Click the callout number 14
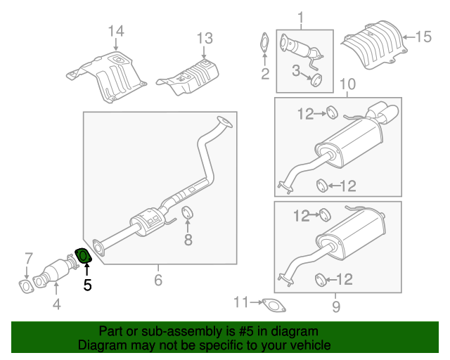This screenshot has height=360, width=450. point(116,31)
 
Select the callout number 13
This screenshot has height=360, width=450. point(204,37)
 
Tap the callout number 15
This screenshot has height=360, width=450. point(421,37)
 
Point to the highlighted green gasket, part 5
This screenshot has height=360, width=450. point(82,255)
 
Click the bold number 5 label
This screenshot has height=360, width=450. point(87,285)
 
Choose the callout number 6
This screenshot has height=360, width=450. point(157,281)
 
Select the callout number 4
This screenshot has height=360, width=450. point(57,304)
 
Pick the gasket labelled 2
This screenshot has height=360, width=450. point(264,41)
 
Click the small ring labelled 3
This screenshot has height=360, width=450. point(316,79)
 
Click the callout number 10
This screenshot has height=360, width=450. point(347,85)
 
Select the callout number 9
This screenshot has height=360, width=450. point(335,306)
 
